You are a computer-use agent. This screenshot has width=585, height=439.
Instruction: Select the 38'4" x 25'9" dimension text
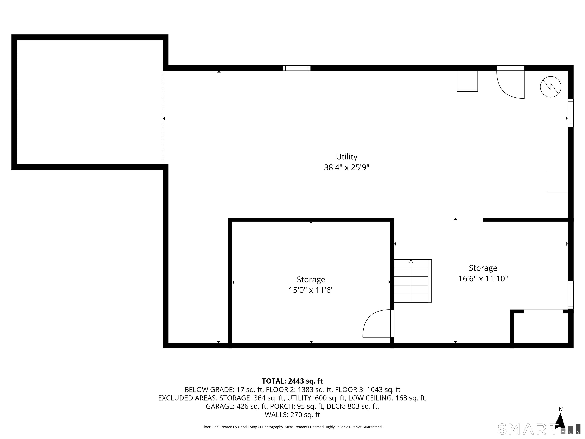point(346,167)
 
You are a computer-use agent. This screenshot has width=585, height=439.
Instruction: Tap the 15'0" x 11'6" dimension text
point(311,290)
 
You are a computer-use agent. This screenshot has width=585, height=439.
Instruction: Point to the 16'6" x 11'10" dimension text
point(483,279)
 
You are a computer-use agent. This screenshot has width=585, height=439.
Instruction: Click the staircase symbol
point(412,281)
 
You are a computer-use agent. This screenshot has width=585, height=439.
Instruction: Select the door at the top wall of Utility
point(510,83)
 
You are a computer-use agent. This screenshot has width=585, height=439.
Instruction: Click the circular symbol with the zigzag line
point(551,87)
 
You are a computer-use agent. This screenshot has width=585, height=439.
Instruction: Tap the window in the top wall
point(296,68)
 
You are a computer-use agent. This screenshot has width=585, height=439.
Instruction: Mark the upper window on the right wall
point(571,113)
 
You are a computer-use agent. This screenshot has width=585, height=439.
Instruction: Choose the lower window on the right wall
point(571,295)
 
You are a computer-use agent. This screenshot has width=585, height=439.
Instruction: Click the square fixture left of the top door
point(467,81)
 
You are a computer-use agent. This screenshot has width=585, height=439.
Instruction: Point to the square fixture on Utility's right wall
point(558,182)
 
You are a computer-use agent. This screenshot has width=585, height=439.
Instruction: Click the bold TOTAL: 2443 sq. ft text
point(292,381)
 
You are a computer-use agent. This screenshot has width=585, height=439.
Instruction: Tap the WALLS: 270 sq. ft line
point(292,415)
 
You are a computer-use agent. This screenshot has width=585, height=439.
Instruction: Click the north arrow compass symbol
point(560,421)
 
